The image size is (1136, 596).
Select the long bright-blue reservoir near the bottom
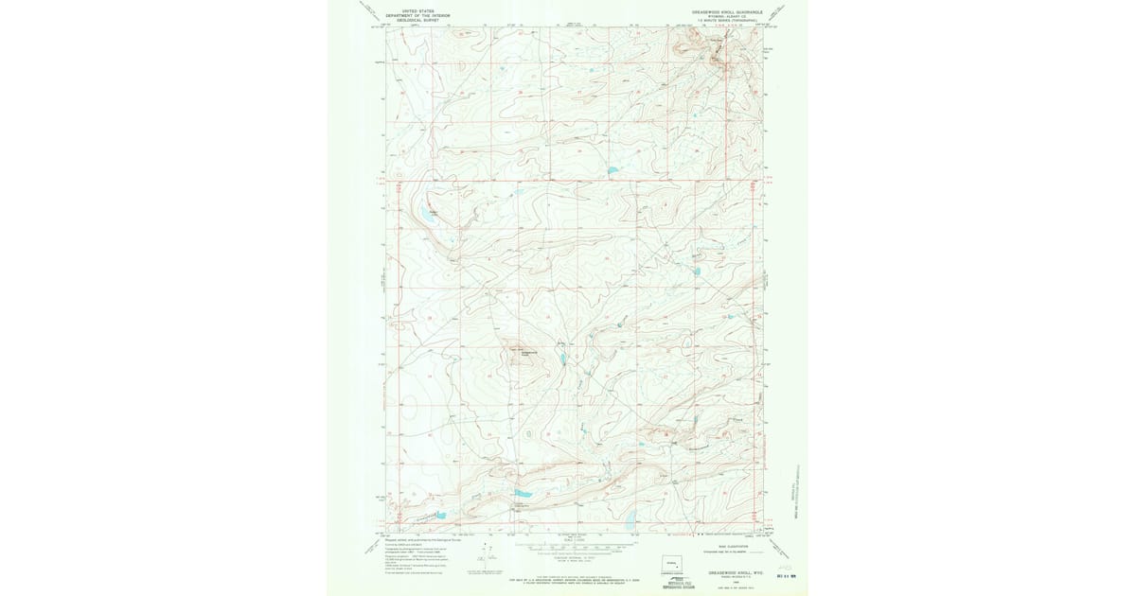(523, 493)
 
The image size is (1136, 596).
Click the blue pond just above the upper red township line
(612, 171)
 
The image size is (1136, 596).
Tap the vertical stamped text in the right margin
(797, 492)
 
